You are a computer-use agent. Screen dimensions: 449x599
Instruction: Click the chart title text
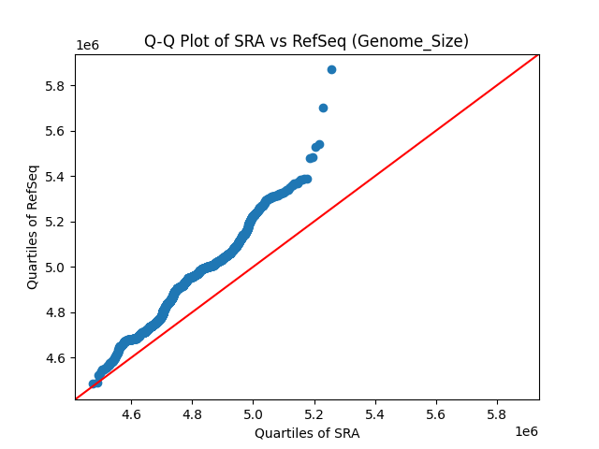coord(306,41)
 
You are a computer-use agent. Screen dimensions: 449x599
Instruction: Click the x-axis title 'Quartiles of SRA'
coord(306,433)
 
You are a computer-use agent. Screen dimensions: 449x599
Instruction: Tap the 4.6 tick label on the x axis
coord(131,413)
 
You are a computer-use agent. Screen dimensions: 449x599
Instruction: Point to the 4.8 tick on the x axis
coord(192,413)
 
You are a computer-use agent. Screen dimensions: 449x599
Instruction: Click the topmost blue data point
coord(331,69)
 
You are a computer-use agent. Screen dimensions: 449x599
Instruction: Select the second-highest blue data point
coord(323,108)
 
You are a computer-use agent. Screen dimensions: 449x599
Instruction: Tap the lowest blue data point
coord(93,384)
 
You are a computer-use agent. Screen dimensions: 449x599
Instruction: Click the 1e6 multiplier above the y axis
coord(87,45)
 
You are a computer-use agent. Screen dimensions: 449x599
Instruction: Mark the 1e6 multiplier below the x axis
coord(525,431)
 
